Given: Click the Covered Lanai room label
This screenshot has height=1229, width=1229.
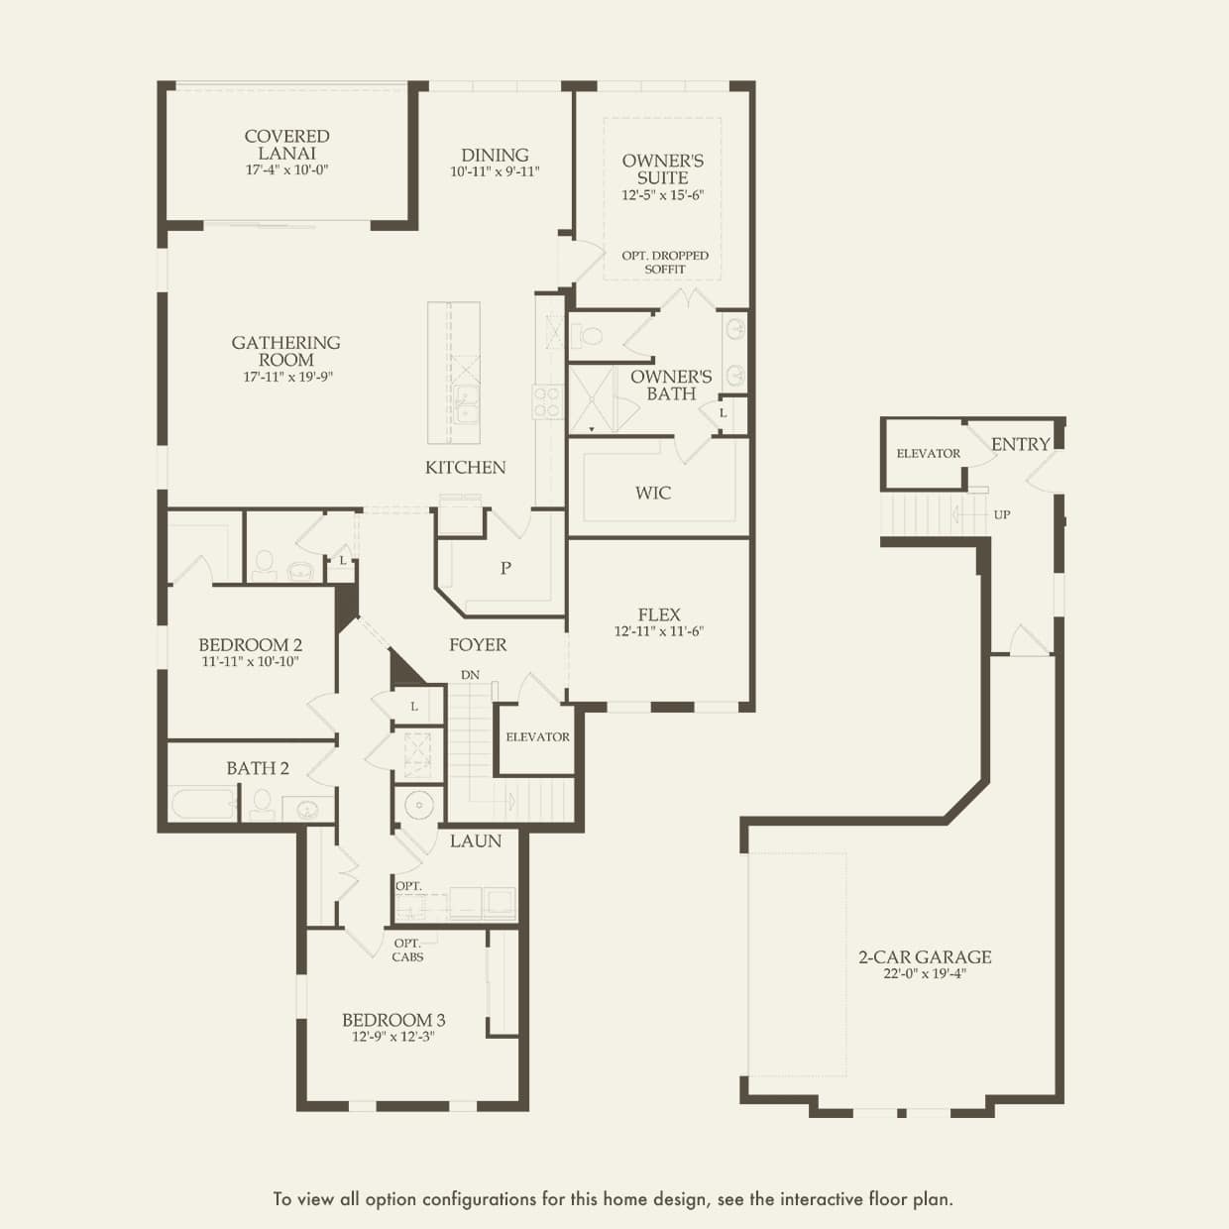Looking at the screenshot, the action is [287, 145].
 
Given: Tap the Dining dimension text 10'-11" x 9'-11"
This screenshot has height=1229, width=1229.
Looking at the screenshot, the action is [495, 171].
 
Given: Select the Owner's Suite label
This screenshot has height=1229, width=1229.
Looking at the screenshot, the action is [663, 169].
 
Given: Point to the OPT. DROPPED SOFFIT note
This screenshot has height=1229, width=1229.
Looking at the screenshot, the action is [665, 262].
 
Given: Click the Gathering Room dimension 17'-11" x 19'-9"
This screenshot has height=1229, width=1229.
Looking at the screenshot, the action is [287, 377].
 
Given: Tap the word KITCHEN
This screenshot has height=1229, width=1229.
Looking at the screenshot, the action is [466, 468].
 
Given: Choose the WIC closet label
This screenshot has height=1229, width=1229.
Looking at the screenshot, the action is [653, 493].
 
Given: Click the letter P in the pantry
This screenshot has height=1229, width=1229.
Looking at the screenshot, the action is [505, 568].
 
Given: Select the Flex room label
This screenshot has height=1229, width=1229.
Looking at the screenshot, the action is [659, 614].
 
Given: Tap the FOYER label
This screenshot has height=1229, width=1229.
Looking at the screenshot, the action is [478, 645].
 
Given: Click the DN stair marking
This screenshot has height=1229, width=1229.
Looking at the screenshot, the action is [470, 675].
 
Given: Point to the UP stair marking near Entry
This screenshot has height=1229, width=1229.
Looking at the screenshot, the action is [1002, 514].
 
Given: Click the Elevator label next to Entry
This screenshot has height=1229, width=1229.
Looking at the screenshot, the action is [928, 454].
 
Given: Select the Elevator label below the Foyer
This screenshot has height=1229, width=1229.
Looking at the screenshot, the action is [537, 737].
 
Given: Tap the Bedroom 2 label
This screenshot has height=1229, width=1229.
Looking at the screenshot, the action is [250, 645].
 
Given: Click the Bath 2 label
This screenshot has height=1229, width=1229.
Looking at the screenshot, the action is [258, 768].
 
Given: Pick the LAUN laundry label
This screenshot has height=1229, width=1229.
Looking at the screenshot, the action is [476, 840].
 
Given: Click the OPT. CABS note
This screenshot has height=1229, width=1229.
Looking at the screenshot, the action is [407, 950].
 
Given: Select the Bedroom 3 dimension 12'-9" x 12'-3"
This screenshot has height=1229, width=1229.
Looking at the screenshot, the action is [393, 1037].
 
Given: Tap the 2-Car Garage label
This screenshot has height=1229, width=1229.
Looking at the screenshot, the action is [925, 956].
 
